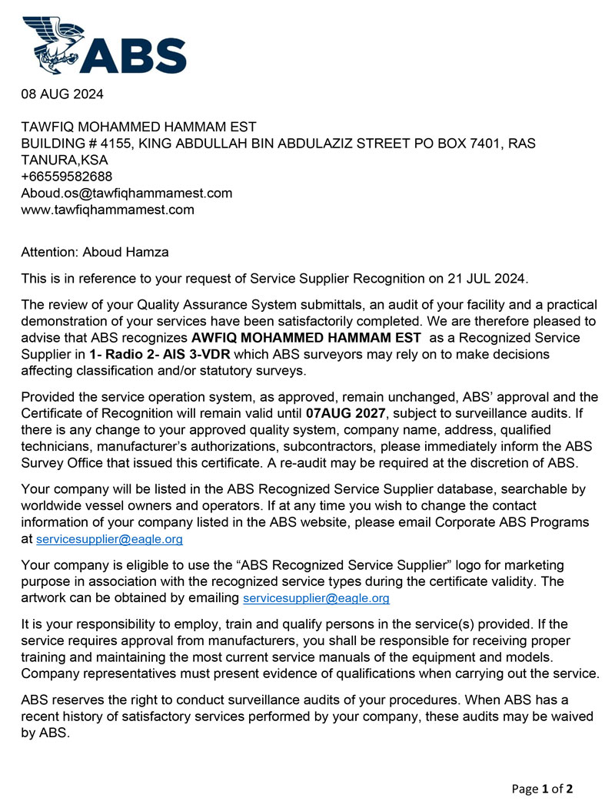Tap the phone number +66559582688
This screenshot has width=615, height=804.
67,177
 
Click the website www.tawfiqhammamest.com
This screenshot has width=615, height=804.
108,209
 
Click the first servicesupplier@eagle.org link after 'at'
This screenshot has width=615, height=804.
110,540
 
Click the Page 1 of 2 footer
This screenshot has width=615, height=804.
542,789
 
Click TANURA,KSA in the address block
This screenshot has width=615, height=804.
65,160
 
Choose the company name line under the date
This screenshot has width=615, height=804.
138,127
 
